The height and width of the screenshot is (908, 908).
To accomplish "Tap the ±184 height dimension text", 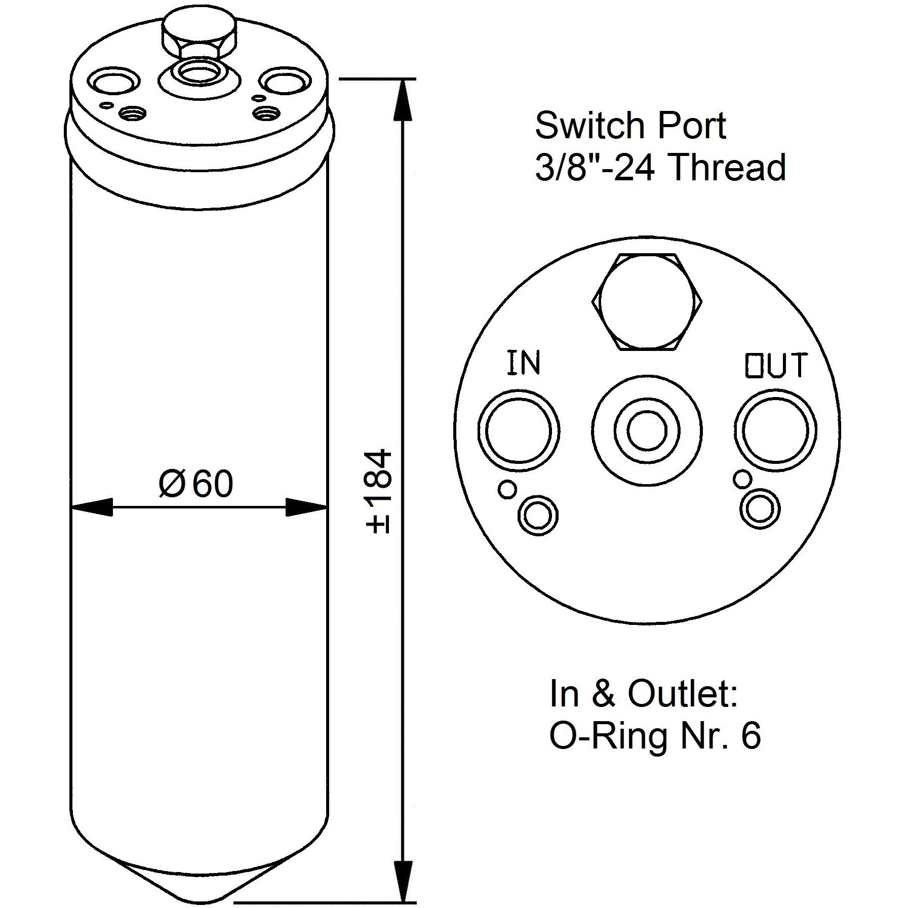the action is click(x=379, y=491).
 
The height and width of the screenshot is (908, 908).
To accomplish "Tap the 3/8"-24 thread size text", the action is click(x=595, y=167).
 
